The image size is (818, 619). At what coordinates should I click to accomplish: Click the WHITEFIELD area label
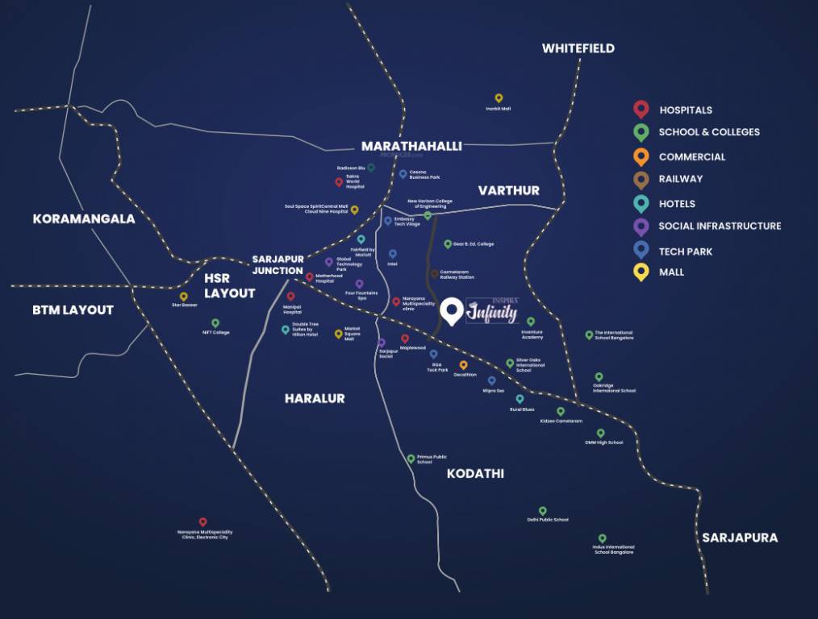click(x=578, y=48)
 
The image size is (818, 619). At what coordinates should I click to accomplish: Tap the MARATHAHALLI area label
click(x=411, y=146)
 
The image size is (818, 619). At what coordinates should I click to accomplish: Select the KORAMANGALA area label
click(x=83, y=218)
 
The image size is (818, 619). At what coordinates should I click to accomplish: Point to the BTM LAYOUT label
click(x=73, y=309)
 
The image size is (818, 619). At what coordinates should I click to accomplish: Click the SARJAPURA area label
click(x=740, y=538)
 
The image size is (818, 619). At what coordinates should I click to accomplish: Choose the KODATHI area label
click(x=475, y=473)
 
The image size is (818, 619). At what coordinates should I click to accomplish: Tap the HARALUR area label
click(x=315, y=398)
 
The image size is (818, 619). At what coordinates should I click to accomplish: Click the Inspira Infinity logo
click(x=492, y=311)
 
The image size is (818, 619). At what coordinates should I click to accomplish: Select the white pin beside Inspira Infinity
click(x=453, y=310)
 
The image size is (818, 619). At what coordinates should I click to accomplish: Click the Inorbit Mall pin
click(x=499, y=98)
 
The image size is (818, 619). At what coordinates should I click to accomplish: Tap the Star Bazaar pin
click(x=184, y=297)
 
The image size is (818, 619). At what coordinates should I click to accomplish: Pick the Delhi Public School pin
click(x=543, y=511)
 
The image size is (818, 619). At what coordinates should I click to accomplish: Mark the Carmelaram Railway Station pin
click(x=435, y=274)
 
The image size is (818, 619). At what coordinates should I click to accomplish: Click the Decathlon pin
click(x=463, y=365)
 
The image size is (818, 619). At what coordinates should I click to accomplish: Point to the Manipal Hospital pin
click(x=291, y=297)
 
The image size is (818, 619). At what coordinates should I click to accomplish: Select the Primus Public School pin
click(x=411, y=459)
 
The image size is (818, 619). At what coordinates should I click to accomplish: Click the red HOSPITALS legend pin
click(x=641, y=109)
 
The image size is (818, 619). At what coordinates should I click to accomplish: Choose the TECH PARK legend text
click(x=685, y=251)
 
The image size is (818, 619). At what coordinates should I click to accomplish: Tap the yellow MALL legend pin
click(x=641, y=272)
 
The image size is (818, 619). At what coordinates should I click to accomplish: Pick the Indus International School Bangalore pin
click(x=602, y=538)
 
